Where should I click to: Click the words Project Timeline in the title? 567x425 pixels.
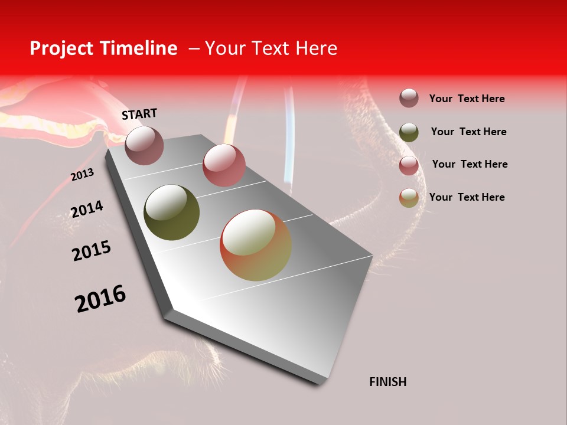[x=103, y=48]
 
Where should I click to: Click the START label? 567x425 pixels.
[x=139, y=114]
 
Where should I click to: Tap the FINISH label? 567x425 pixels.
[x=387, y=382]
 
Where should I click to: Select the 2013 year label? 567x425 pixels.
[x=82, y=175]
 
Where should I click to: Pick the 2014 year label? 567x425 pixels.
[x=87, y=209]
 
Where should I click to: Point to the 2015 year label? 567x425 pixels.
[x=92, y=251]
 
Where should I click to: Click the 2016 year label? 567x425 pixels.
[x=100, y=299]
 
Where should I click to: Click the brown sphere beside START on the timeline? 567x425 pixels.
[x=144, y=145]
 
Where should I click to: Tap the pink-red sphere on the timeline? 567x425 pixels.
[x=224, y=165]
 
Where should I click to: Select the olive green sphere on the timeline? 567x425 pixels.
[x=171, y=212]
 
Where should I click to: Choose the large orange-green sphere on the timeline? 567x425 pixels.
[x=256, y=245]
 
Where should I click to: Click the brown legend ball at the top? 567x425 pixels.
[x=409, y=99]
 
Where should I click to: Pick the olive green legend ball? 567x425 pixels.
[x=409, y=132]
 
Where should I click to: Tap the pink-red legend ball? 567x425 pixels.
[x=409, y=165]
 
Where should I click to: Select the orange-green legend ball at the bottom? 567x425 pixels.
[x=409, y=198]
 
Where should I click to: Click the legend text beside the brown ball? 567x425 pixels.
[x=467, y=99]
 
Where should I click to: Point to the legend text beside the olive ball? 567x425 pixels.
[x=468, y=132]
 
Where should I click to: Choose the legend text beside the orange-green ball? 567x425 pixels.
[x=467, y=197]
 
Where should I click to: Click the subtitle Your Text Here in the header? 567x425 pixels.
[x=271, y=48]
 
